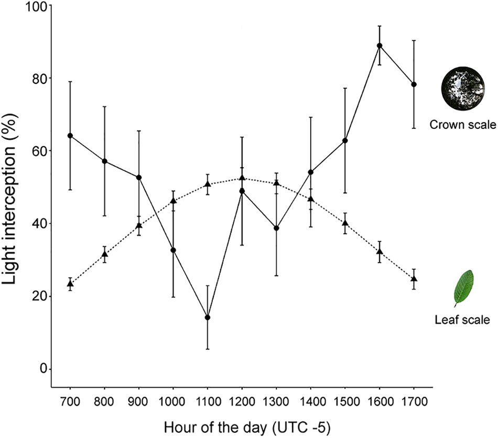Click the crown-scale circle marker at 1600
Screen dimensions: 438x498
tap(380, 46)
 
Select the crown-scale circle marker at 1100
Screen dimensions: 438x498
tap(208, 317)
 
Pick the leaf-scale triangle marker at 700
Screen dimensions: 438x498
tap(70, 284)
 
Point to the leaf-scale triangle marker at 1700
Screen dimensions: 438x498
tap(414, 279)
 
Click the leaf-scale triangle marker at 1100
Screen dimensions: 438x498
tap(208, 184)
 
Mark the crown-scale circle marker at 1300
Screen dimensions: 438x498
tap(276, 228)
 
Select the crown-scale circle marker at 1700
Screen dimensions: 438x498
tap(414, 84)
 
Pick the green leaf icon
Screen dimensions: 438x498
tap(463, 288)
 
